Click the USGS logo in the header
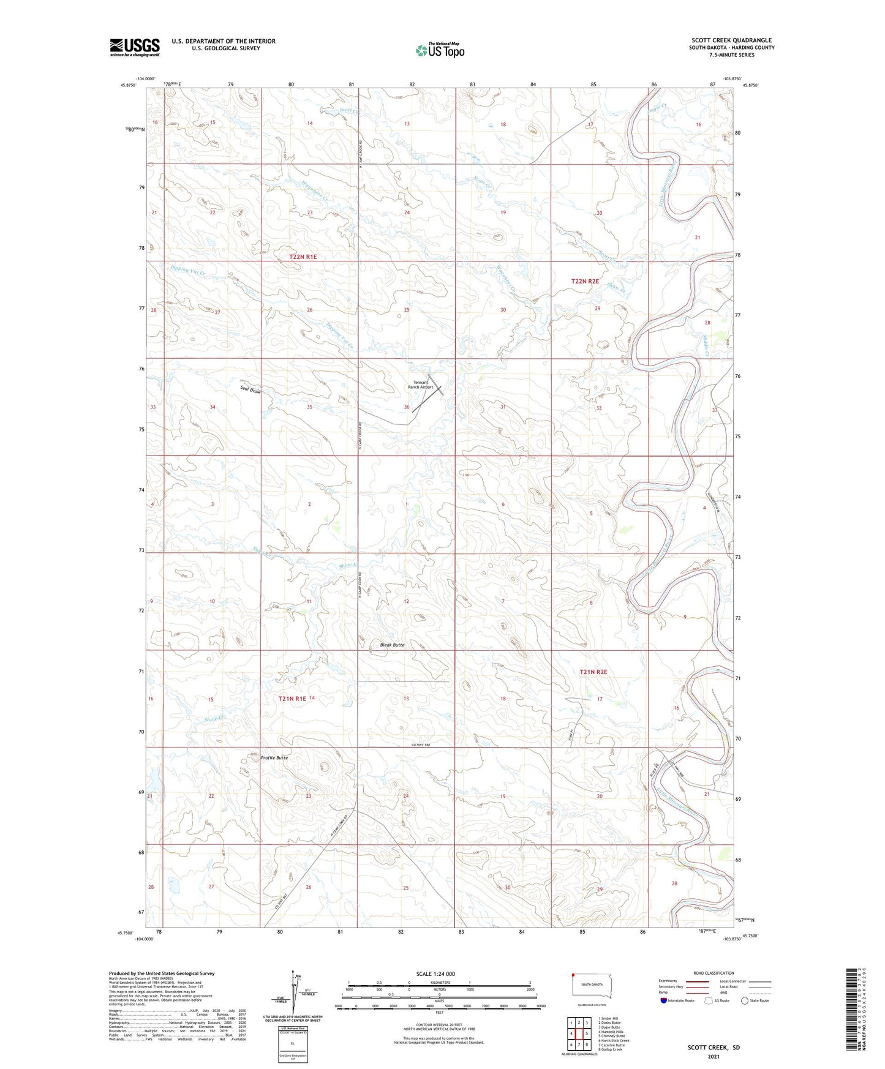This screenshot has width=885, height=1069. point(134,47)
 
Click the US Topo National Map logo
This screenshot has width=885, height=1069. point(439,50)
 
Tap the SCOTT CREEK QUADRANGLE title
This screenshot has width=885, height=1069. point(731,40)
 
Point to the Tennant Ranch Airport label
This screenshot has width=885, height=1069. point(420,384)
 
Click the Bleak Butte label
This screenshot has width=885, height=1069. point(392,645)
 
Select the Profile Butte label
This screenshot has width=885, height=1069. point(274,758)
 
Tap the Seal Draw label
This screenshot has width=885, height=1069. point(251,390)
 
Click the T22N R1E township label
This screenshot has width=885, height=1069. point(303,257)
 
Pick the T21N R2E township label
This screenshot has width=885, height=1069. point(593,672)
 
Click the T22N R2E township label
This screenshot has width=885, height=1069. point(584,281)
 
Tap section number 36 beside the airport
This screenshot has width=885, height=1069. point(407,407)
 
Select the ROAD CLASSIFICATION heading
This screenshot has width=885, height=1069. point(714,973)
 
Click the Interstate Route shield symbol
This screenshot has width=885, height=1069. point(664,1000)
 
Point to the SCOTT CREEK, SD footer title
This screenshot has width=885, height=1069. point(713,1047)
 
